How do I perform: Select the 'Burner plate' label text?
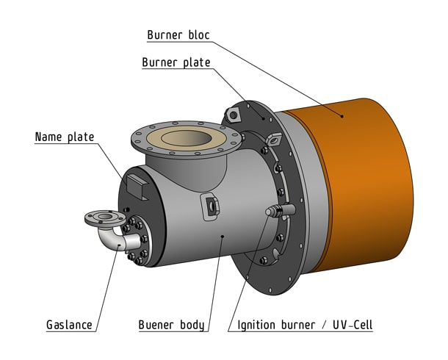pyautogui.click(x=176, y=62)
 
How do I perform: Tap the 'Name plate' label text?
pyautogui.click(x=65, y=137)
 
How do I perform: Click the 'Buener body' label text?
pyautogui.click(x=171, y=324)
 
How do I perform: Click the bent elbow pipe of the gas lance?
pyautogui.click(x=110, y=240)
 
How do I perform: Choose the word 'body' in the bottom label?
pyautogui.click(x=190, y=324)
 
